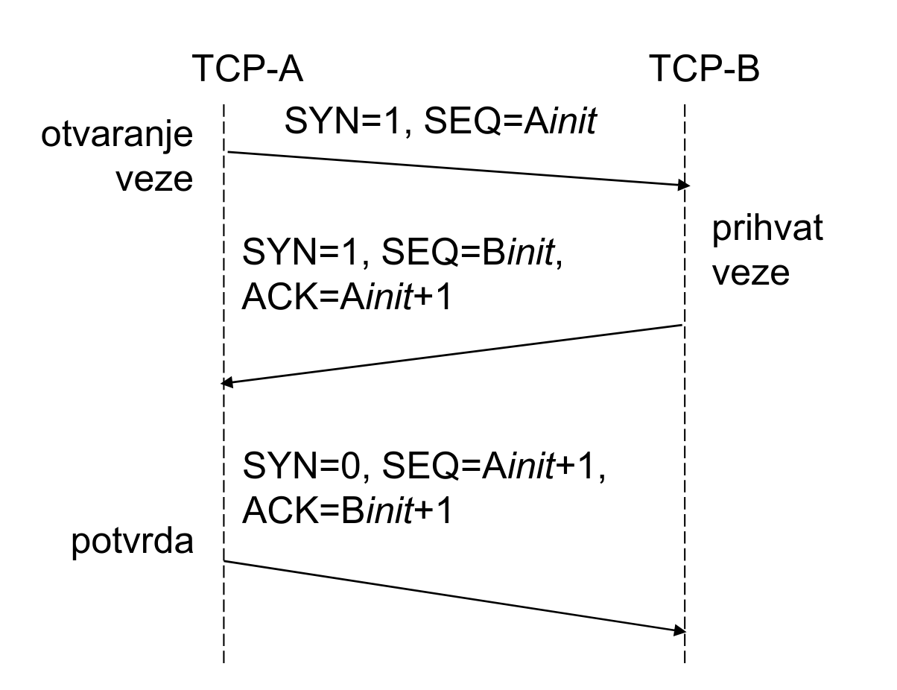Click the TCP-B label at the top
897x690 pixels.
pyautogui.click(x=705, y=72)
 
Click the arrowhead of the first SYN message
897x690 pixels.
pyautogui.click(x=682, y=184)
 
